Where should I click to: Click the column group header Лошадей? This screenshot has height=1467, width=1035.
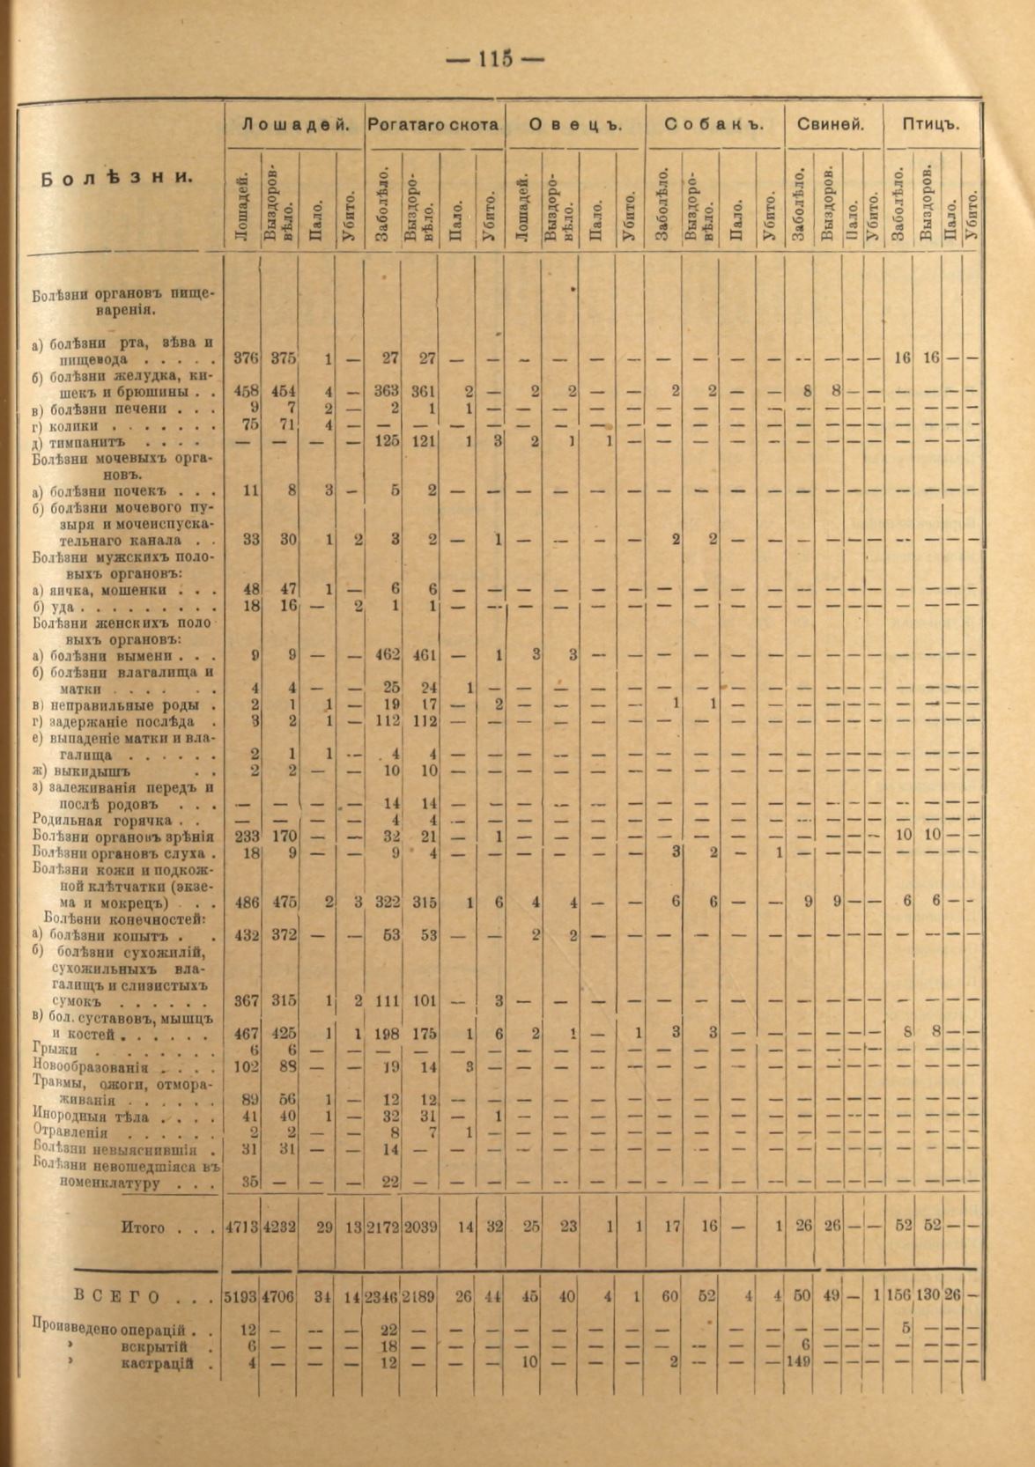294,125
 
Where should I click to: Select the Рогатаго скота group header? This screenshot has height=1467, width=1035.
434,125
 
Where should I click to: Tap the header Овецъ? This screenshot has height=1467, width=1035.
575,125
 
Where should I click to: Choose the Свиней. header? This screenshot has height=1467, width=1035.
831,125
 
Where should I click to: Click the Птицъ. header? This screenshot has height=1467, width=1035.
930,125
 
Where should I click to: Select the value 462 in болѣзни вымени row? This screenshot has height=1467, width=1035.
386,656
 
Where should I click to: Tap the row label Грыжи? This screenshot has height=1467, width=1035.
55,1050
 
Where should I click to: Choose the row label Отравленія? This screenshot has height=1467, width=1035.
70,1132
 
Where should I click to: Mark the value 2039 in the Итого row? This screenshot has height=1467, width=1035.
420,1227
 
